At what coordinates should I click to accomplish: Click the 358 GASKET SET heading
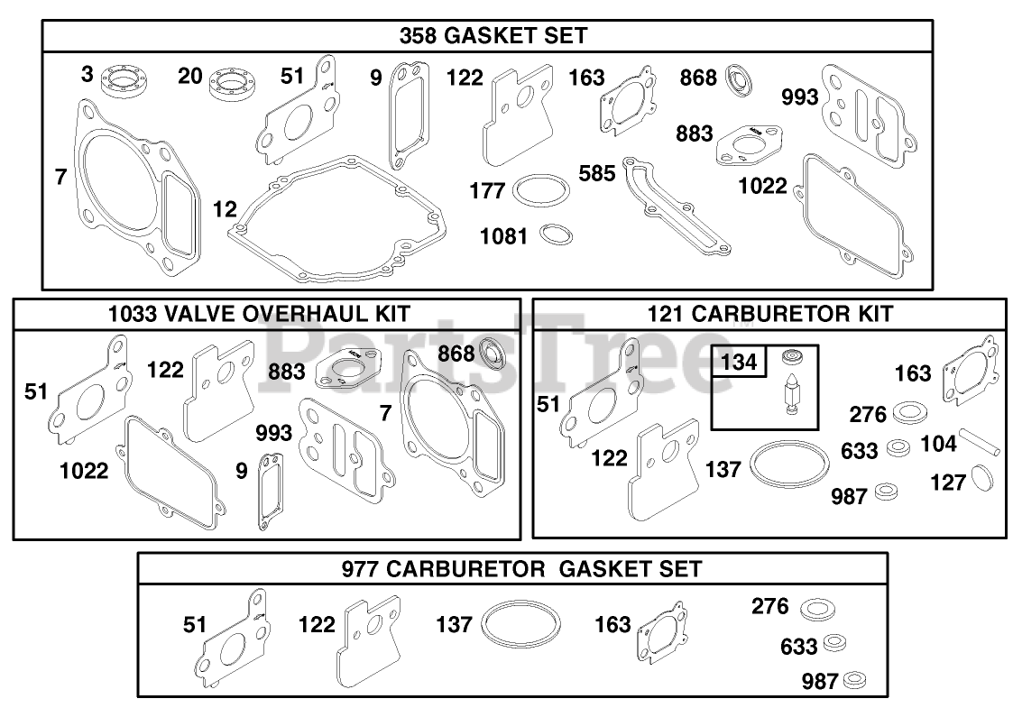tap(493, 36)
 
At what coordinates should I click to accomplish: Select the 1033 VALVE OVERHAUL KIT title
tap(259, 314)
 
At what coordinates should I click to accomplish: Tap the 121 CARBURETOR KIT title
tap(769, 314)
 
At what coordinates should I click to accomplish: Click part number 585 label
tap(598, 172)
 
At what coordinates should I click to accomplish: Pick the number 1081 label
tap(504, 236)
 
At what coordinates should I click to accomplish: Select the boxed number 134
tap(739, 363)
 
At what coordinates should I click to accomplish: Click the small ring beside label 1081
tap(555, 235)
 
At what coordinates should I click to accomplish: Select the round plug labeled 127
tap(981, 477)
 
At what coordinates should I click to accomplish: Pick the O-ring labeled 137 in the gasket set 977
tap(520, 624)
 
